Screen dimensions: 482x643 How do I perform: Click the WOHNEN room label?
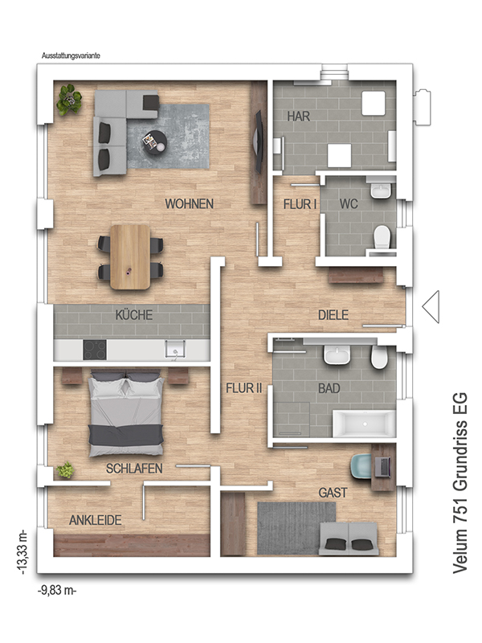point(189,204)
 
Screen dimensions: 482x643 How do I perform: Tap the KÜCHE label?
point(134,315)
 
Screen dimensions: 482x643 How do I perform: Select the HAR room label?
point(298,117)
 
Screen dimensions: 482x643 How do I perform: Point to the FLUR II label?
point(244,388)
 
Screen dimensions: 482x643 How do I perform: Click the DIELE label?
point(333,315)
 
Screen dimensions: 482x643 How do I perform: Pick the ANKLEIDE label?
point(95,520)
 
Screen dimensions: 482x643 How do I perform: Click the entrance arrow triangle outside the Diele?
point(431,306)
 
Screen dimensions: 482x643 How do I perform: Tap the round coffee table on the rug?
point(154,141)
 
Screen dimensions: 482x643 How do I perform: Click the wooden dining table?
point(130,256)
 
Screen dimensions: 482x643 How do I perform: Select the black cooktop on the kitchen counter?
point(95,350)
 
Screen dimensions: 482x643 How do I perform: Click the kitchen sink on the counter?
point(175,349)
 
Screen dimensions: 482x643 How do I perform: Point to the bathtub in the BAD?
point(364,424)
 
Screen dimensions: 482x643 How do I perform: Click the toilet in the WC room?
point(382,236)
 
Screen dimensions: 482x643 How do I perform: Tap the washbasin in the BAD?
point(337,354)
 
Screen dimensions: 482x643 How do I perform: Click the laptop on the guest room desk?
point(382,467)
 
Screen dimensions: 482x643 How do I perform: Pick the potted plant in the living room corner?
point(70,99)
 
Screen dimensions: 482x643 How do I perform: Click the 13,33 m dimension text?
point(22,551)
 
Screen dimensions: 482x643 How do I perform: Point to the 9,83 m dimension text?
point(57,591)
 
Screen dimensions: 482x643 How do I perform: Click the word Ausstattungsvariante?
point(71,55)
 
